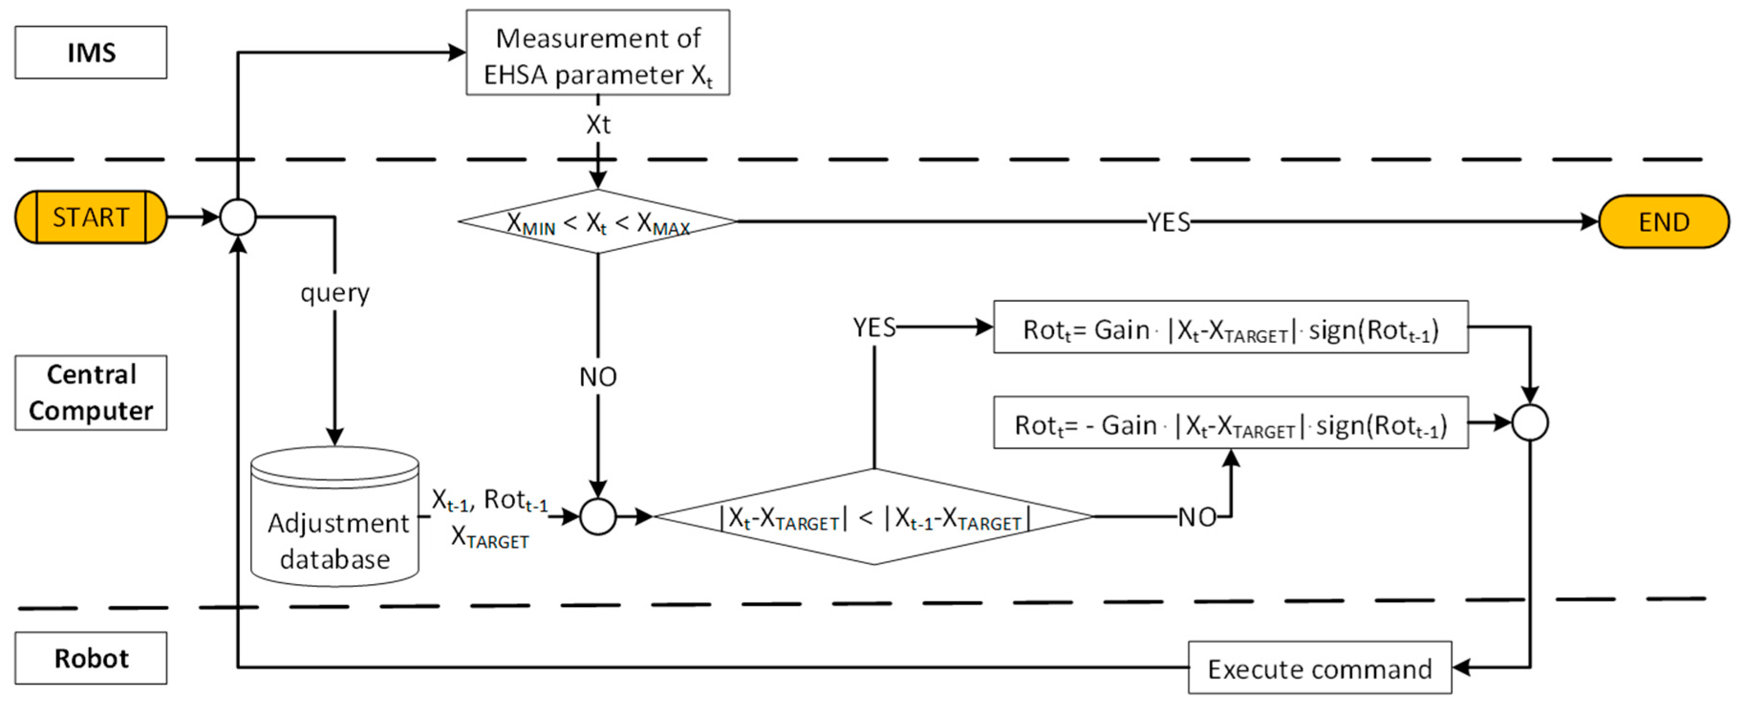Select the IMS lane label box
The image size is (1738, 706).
pos(91,53)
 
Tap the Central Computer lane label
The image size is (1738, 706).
pos(91,393)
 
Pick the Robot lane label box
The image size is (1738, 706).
pos(91,658)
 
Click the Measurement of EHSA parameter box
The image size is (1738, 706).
pos(598,53)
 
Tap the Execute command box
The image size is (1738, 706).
pos(1319,668)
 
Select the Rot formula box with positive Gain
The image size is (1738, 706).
pos(1231,328)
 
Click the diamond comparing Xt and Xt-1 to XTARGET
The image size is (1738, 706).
pos(874,518)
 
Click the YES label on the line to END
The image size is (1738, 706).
pos(1169,222)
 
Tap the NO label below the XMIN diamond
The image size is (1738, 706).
pos(598,377)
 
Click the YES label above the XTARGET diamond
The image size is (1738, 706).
pos(874,328)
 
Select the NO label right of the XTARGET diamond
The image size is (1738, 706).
pos(1197,518)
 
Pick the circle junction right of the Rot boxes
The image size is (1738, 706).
pos(1530,423)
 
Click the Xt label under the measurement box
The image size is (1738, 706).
pos(598,125)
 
